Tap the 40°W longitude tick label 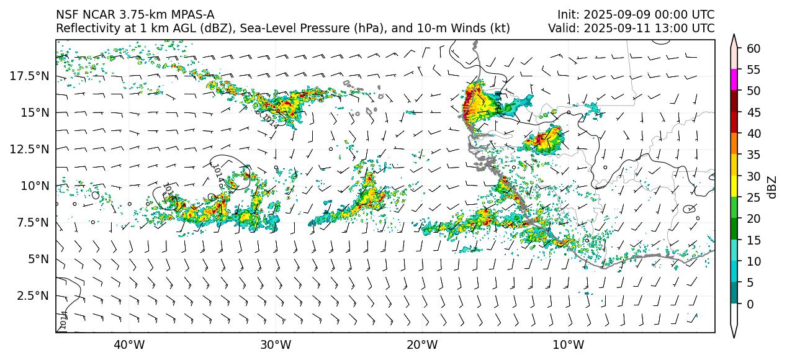129,344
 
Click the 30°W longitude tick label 276,344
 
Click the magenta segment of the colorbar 734,80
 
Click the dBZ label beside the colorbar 773,186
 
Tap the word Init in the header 568,14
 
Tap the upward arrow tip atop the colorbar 734,38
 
